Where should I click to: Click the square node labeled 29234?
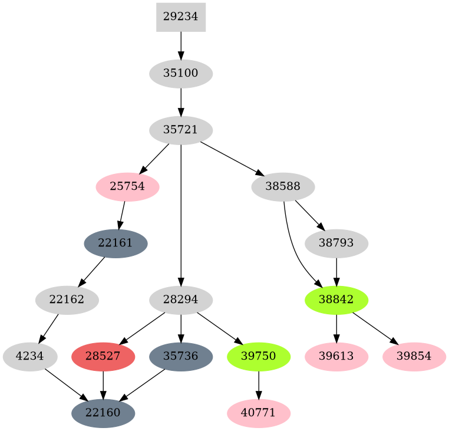180,17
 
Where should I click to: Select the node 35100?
180,74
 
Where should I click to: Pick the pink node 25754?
127,187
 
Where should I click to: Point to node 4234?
30,357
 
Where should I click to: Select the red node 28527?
103,357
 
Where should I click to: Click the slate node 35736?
180,357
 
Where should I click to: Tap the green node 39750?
258,357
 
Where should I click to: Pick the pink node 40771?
258,413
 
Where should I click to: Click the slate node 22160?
103,413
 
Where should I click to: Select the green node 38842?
336,300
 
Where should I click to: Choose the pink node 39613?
336,357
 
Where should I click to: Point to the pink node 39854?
414,357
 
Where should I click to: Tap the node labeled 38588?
282,187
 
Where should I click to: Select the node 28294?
180,300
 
